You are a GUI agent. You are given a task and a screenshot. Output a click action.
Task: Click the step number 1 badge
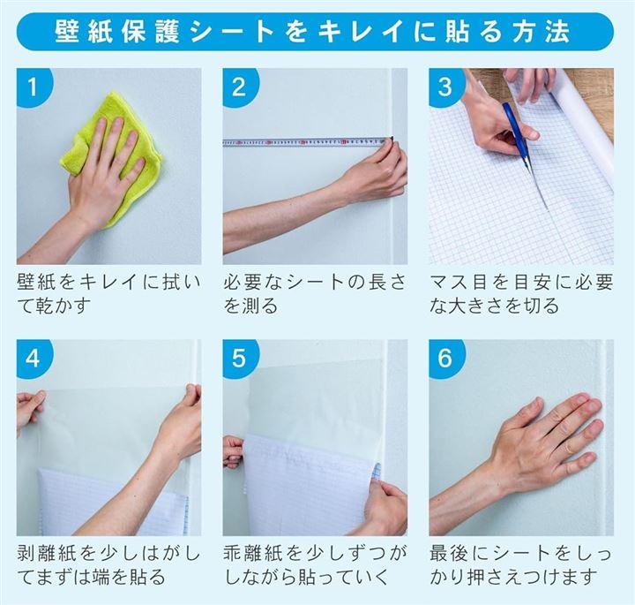coord(34,86)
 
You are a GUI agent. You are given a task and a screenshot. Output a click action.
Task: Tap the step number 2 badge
coord(239,86)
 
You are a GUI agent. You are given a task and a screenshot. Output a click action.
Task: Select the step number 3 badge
coord(445,86)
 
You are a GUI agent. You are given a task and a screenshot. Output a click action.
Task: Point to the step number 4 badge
coord(34,358)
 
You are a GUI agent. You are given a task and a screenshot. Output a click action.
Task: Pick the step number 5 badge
coord(239,358)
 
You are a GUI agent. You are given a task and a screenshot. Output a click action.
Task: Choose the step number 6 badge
coord(445,358)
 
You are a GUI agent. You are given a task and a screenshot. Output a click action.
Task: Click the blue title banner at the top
coord(315,32)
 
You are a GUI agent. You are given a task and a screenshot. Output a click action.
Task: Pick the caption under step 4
coord(108,565)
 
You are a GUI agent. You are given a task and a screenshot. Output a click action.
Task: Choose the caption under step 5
coord(315,565)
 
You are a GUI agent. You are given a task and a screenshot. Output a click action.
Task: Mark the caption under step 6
coord(520,565)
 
